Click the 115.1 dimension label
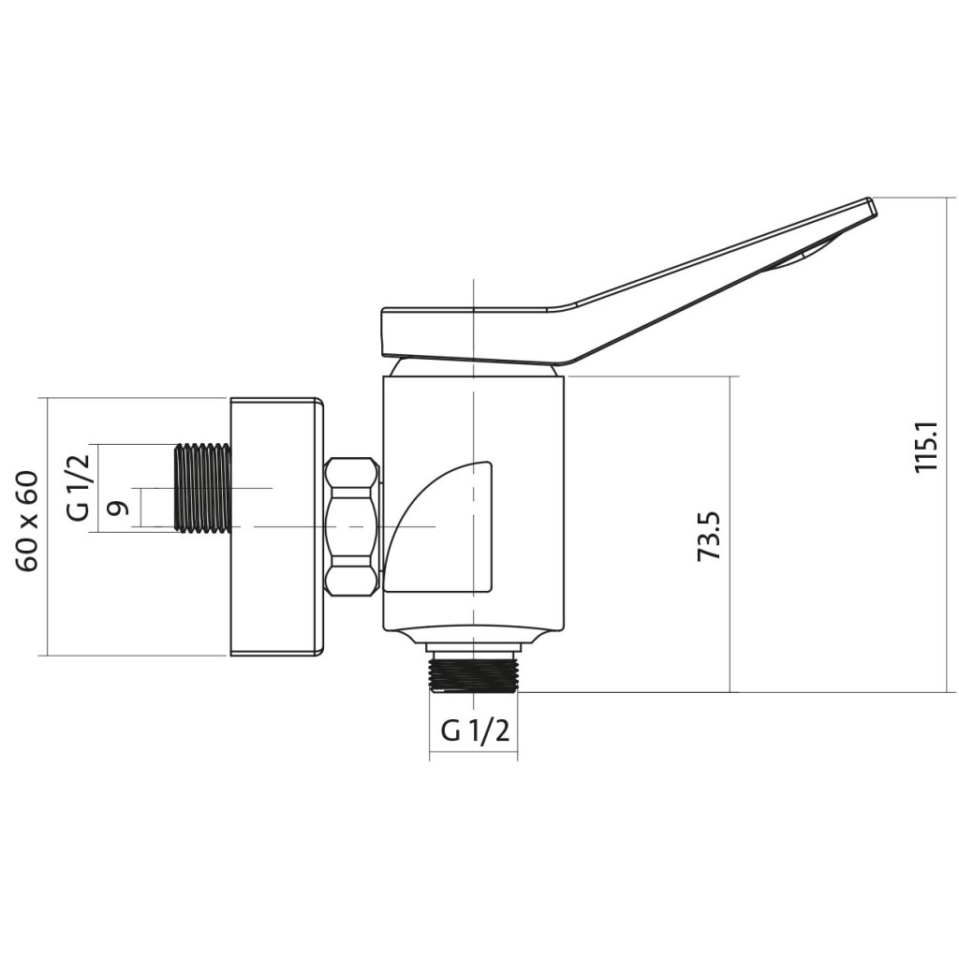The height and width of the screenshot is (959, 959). click(927, 445)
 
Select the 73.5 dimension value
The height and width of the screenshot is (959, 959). click(710, 537)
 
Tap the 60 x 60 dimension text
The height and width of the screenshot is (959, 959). click(29, 522)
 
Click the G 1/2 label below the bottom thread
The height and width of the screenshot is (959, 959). click(475, 730)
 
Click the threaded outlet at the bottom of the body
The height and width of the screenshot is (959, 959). click(475, 671)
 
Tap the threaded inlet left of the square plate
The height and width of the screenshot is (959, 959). click(202, 487)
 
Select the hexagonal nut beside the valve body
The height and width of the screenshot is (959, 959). click(351, 526)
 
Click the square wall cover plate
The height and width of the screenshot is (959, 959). click(276, 526)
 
